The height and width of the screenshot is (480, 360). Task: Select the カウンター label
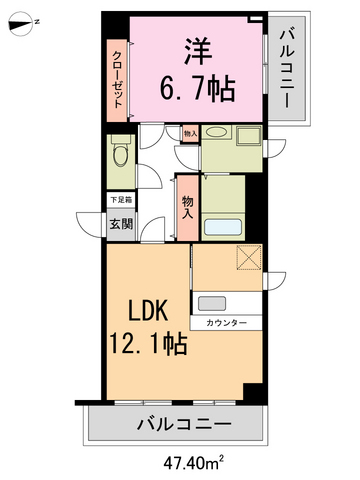228,324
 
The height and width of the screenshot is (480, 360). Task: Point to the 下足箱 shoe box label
118,200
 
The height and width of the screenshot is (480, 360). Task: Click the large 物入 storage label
187,206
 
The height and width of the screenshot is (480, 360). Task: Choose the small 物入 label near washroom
190,132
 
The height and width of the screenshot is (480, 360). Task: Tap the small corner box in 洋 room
258,19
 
